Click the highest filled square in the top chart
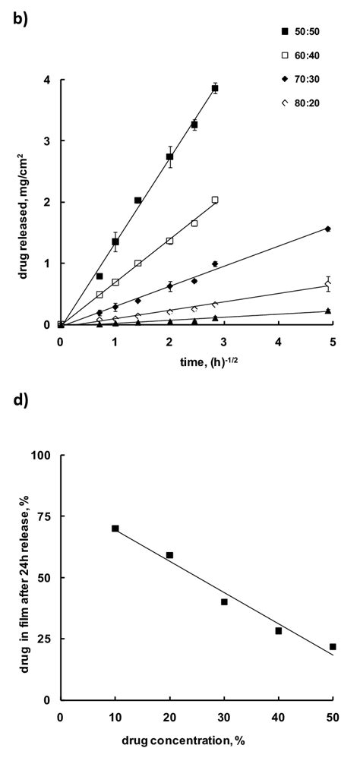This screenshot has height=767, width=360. pyautogui.click(x=215, y=89)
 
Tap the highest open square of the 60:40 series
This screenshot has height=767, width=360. pyautogui.click(x=215, y=200)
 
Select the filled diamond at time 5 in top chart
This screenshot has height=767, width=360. pyautogui.click(x=327, y=229)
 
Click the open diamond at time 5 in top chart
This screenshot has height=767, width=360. pyautogui.click(x=327, y=284)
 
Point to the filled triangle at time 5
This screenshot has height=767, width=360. pyautogui.click(x=327, y=311)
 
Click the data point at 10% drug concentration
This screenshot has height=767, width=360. pyautogui.click(x=115, y=529)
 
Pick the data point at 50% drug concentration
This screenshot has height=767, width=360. pyautogui.click(x=333, y=646)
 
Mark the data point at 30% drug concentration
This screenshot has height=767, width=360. pyautogui.click(x=224, y=601)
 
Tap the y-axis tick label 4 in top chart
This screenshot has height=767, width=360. pyautogui.click(x=47, y=80)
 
